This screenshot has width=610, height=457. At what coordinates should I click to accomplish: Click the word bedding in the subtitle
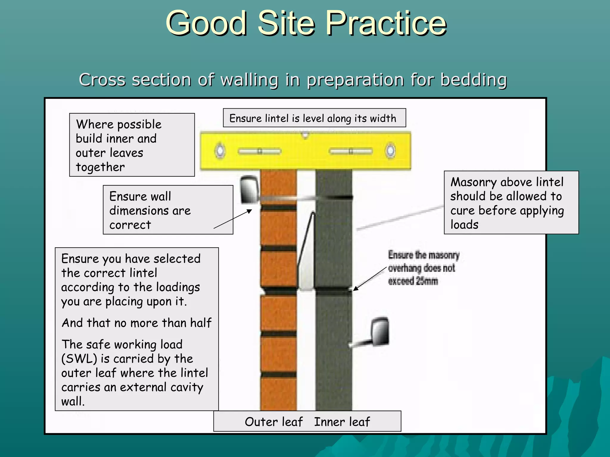474,80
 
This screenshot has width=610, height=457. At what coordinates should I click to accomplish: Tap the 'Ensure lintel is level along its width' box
314,118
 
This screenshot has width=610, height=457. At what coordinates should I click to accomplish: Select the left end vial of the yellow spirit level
220,151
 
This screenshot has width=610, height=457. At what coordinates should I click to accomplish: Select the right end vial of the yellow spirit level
390,151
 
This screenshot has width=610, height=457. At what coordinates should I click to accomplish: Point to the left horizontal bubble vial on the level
259,151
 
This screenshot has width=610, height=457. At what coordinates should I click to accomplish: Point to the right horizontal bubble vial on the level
351,151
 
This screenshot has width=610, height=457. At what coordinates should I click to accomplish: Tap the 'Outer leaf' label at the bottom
273,422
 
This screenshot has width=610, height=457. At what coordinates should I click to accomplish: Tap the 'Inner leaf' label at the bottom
342,422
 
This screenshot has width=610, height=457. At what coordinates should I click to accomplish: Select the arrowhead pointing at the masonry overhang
356,288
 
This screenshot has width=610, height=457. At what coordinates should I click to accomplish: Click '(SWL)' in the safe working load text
79,359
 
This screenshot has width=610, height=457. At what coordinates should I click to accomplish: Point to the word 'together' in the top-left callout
100,167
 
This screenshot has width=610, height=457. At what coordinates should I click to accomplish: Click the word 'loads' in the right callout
464,225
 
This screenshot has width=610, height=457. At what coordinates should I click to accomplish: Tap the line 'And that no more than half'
136,323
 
